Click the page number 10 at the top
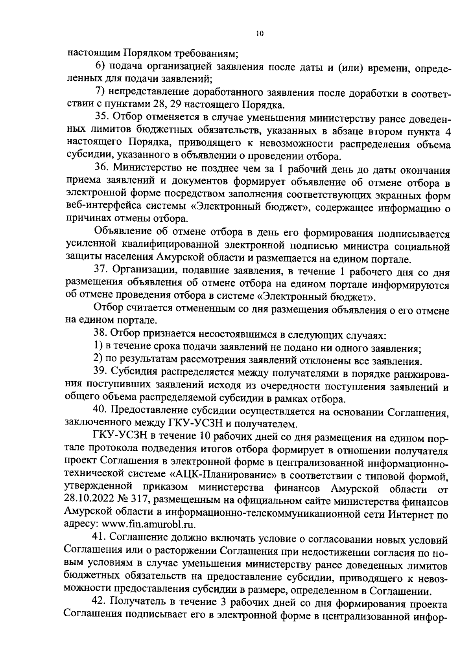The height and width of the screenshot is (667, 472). pyautogui.click(x=259, y=34)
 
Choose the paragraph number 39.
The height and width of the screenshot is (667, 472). pyautogui.click(x=100, y=372)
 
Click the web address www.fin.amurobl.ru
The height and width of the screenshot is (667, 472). pyautogui.click(x=149, y=524)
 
